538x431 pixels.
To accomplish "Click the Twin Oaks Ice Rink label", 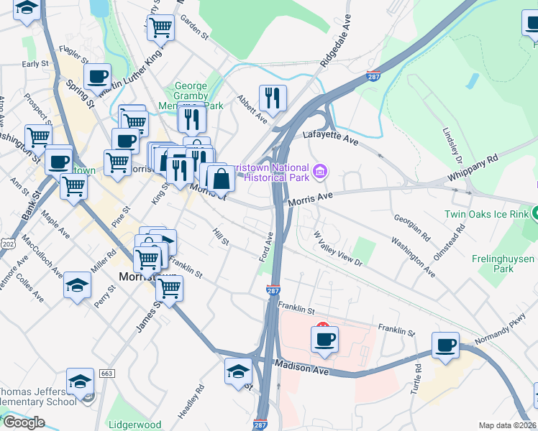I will click(485, 213).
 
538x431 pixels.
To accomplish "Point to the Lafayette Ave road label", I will click(330, 135).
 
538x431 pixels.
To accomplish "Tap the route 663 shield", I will click(107, 374).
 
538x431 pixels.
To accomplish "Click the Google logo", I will click(23, 422).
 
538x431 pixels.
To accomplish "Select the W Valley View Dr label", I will click(338, 248).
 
